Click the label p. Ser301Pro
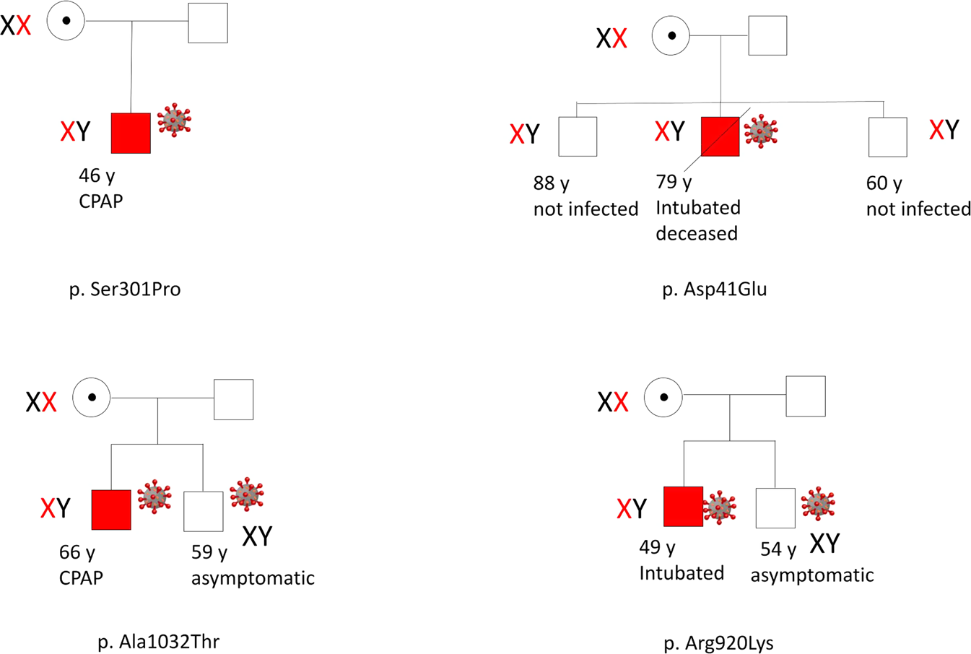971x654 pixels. point(125,289)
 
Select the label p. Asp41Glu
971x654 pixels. point(714,289)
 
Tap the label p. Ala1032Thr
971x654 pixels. point(158,641)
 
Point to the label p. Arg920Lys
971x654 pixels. point(718,642)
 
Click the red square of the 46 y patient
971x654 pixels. point(131,133)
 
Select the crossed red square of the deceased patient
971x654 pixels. point(720,136)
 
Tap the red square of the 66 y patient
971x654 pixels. point(111,510)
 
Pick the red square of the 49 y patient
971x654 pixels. point(683,506)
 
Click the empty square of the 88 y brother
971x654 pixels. point(578,136)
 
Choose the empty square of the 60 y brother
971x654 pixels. point(887,137)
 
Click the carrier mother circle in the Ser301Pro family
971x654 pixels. point(66,21)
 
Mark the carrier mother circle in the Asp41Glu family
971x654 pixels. point(671,35)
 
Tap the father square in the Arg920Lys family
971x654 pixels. point(805,396)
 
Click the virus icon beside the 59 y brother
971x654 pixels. point(247,494)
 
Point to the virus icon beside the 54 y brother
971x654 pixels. point(818,503)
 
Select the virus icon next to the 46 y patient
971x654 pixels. point(174,120)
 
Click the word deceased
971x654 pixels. point(696,234)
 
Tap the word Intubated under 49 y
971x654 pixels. point(681,573)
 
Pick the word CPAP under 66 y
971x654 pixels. point(81,578)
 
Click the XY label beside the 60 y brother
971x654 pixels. point(944,130)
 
